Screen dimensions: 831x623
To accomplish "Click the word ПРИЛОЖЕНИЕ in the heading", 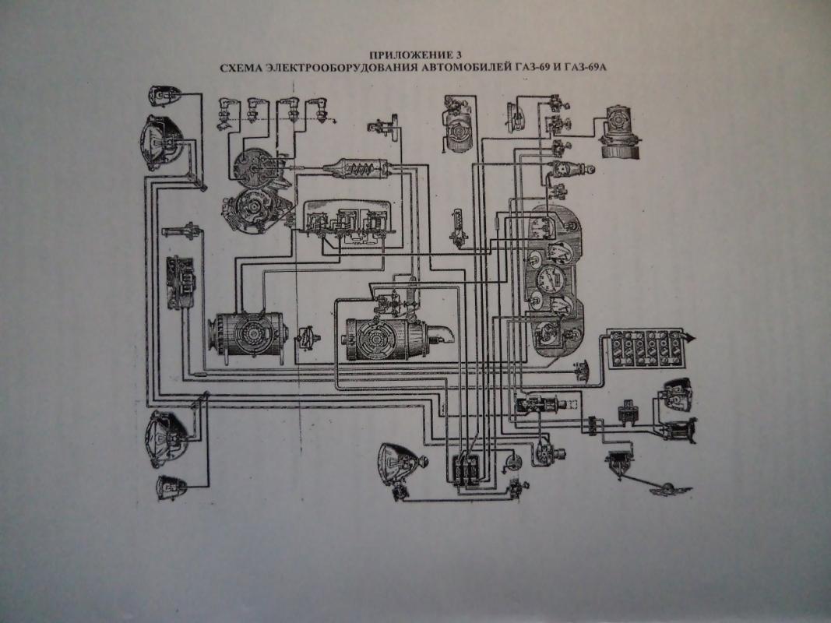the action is pos(406,55).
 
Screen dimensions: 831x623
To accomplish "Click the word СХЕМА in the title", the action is pos(241,68).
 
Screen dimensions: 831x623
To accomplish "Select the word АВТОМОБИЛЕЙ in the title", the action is pos(463,68).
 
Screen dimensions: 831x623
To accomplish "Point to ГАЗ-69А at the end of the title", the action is pos(587,68).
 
